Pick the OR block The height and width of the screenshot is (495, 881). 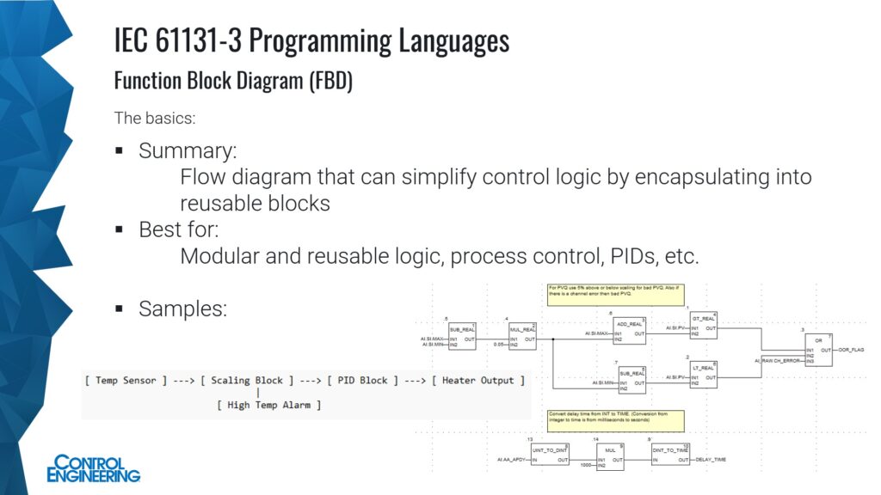tap(819, 350)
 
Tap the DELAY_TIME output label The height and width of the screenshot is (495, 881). tap(711, 460)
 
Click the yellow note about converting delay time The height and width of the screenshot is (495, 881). tap(615, 420)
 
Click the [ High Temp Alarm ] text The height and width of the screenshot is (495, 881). tap(269, 405)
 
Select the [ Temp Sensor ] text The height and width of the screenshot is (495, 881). tap(126, 381)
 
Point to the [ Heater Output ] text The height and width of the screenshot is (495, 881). tap(478, 381)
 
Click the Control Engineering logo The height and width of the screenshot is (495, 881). tap(94, 467)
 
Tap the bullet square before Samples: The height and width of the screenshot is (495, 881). tap(120, 308)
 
